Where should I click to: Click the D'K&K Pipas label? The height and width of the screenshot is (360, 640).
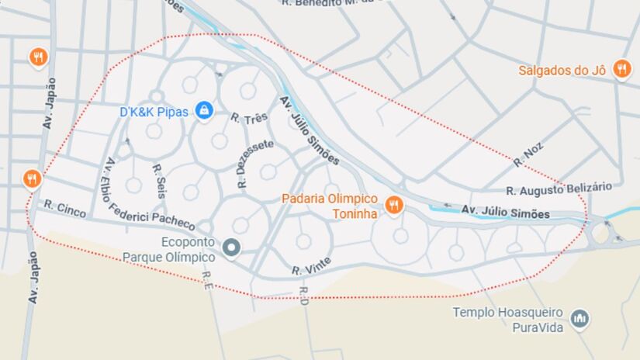(154, 112)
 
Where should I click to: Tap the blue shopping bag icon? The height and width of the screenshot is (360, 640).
(204, 111)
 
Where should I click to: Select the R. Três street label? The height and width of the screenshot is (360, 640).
(249, 118)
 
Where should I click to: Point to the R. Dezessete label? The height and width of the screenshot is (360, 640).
(244, 164)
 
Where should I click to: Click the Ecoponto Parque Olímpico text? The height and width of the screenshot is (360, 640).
(168, 249)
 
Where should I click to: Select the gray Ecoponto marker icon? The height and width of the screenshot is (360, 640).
(231, 248)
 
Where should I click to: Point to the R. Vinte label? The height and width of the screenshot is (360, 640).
(312, 265)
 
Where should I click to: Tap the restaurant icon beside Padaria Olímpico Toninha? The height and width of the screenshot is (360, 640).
(394, 205)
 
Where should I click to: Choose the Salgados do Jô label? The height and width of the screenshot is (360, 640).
(562, 71)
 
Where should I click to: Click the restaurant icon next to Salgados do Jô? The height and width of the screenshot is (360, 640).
(621, 69)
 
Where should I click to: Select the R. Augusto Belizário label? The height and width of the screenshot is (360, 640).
(559, 189)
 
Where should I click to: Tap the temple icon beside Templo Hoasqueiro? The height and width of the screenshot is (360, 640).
(579, 318)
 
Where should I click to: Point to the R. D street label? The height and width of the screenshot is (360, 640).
(303, 294)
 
